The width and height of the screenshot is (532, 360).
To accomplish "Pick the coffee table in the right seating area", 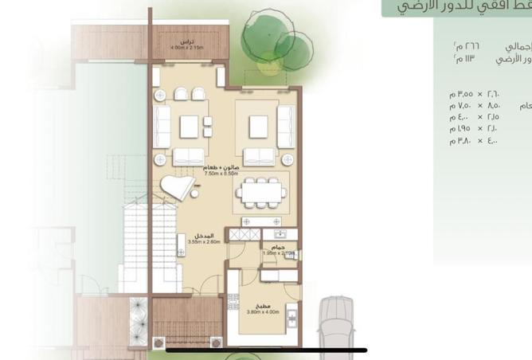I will [x=257, y=127].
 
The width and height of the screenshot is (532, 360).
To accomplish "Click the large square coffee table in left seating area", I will [x=189, y=127].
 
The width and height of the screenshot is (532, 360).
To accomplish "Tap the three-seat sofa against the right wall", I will [x=284, y=126].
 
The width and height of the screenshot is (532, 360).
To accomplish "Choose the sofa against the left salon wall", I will [x=162, y=127].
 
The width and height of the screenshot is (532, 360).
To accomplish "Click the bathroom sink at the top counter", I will [x=279, y=234].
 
